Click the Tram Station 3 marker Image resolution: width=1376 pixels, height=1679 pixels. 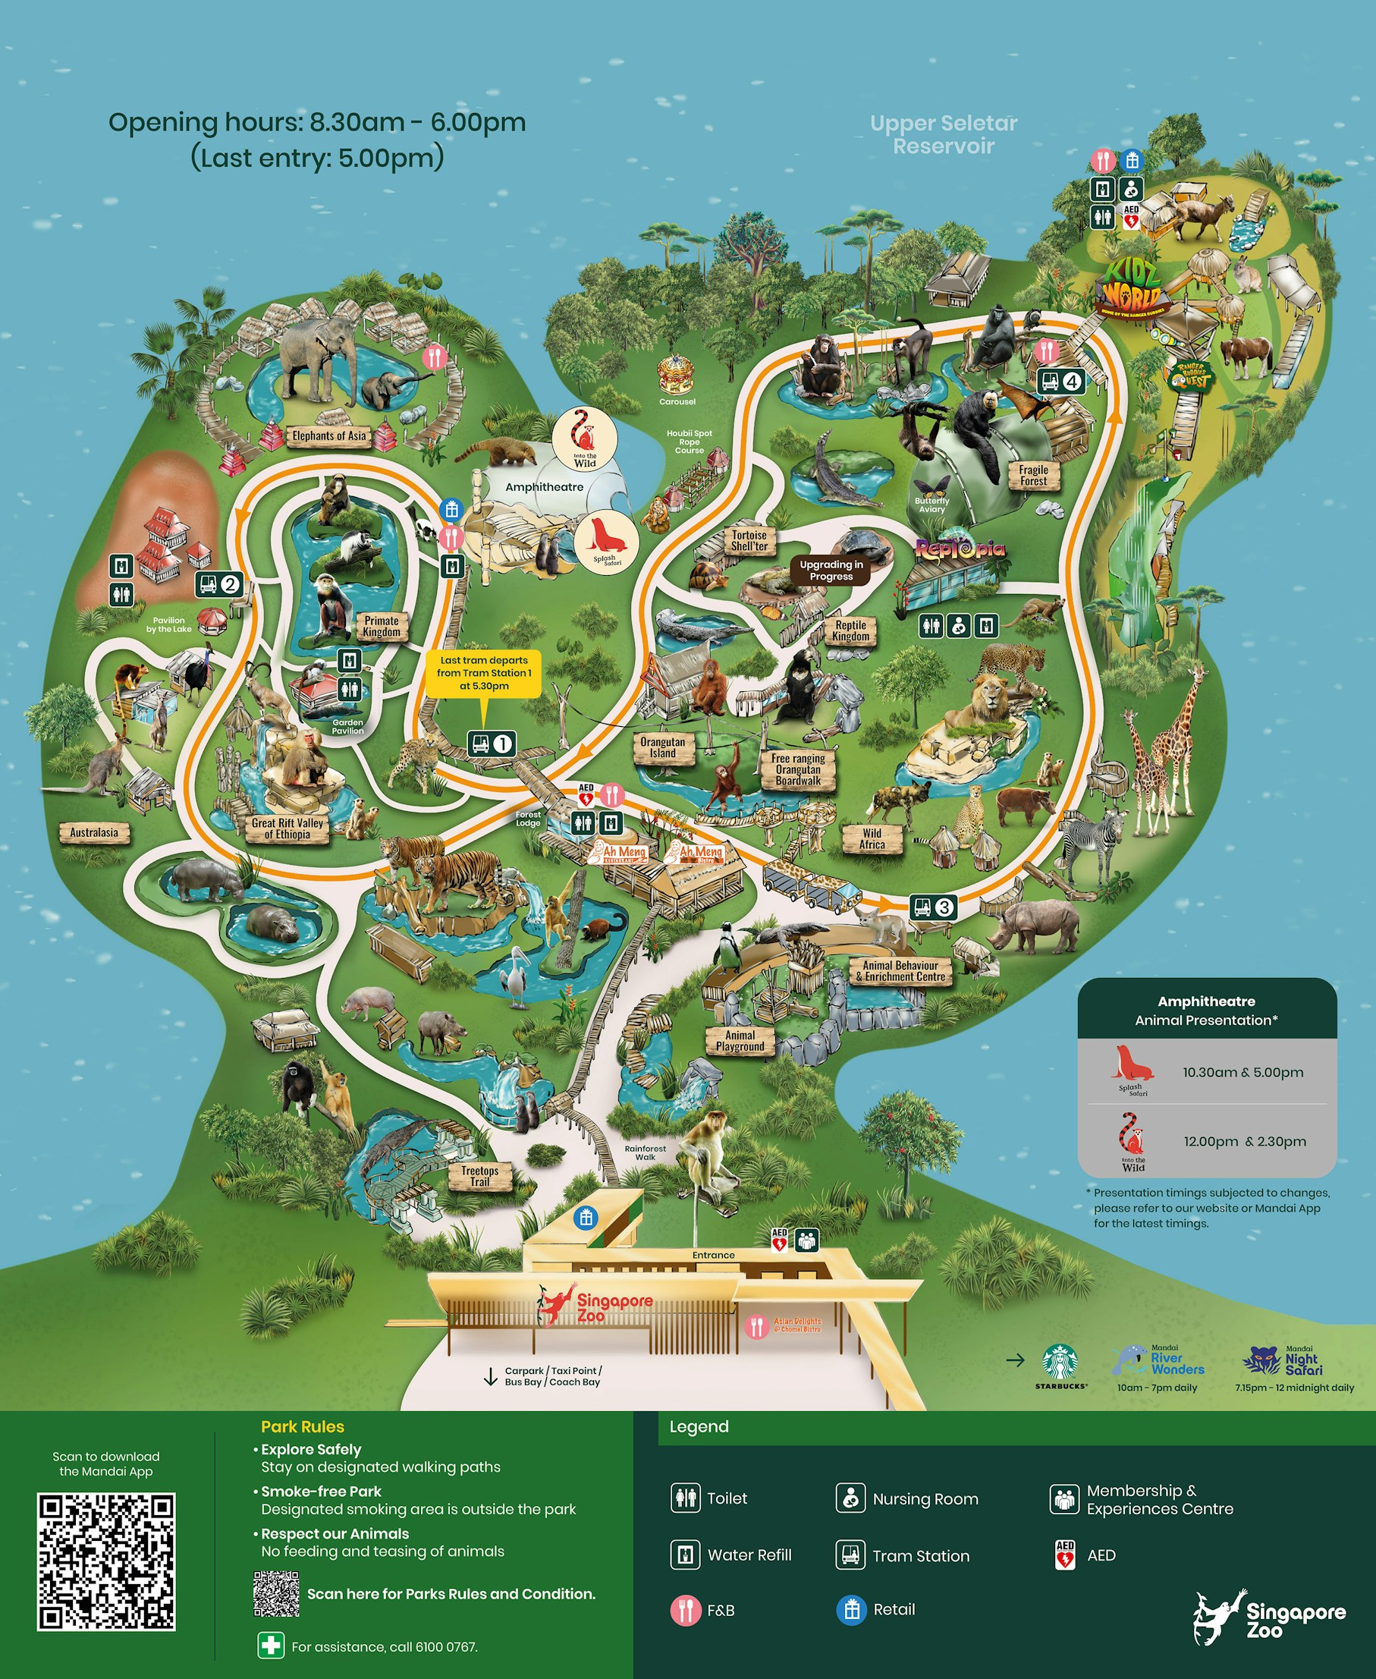(x=933, y=906)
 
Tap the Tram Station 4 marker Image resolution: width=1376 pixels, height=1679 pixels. (x=1060, y=382)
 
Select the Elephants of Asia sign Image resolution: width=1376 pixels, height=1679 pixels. (x=329, y=435)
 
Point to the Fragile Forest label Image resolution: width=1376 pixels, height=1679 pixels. (x=1034, y=475)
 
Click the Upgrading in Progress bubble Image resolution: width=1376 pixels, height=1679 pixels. (x=831, y=570)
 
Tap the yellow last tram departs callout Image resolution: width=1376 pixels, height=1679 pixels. (x=483, y=672)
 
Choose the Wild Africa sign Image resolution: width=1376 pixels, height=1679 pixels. (x=872, y=838)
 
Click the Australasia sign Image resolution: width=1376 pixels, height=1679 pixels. (x=93, y=832)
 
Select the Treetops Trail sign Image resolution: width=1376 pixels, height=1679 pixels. (x=479, y=1176)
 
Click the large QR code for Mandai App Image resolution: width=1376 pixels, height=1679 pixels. (x=106, y=1561)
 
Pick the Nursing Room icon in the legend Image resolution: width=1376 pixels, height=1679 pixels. (x=850, y=1498)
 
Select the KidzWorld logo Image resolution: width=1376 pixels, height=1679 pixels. (x=1132, y=287)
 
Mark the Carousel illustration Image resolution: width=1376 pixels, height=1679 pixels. (x=676, y=374)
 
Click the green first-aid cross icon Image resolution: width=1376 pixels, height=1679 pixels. (x=270, y=1645)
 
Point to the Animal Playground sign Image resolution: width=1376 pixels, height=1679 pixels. (x=740, y=1040)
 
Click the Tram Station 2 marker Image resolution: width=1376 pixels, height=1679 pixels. (x=218, y=584)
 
